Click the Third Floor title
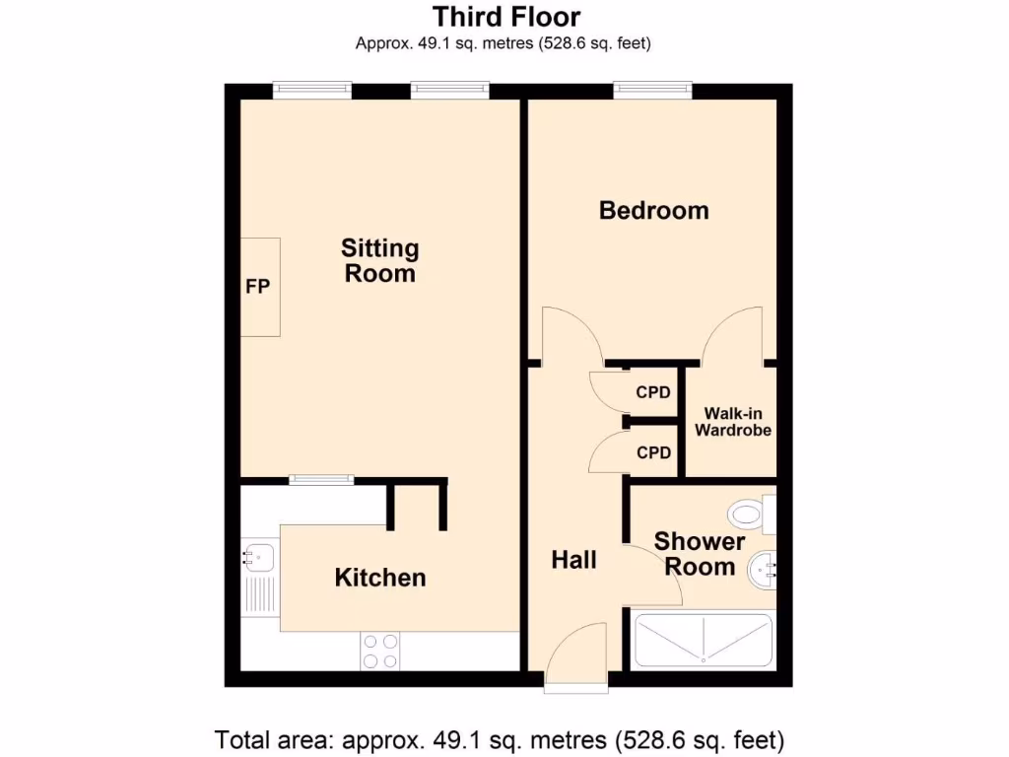[506, 17]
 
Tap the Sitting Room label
[379, 261]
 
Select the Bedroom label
[653, 210]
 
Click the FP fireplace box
[259, 287]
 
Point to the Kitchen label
[380, 578]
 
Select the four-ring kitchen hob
[380, 651]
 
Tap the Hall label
[573, 560]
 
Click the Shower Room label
[700, 554]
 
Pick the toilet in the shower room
[749, 514]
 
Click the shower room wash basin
[763, 568]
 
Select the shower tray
[704, 641]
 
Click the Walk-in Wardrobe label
[732, 423]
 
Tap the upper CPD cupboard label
[652, 392]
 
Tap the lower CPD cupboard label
[652, 453]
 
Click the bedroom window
[653, 90]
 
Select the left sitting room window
[312, 90]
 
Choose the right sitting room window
[450, 90]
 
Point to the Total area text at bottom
[500, 738]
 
